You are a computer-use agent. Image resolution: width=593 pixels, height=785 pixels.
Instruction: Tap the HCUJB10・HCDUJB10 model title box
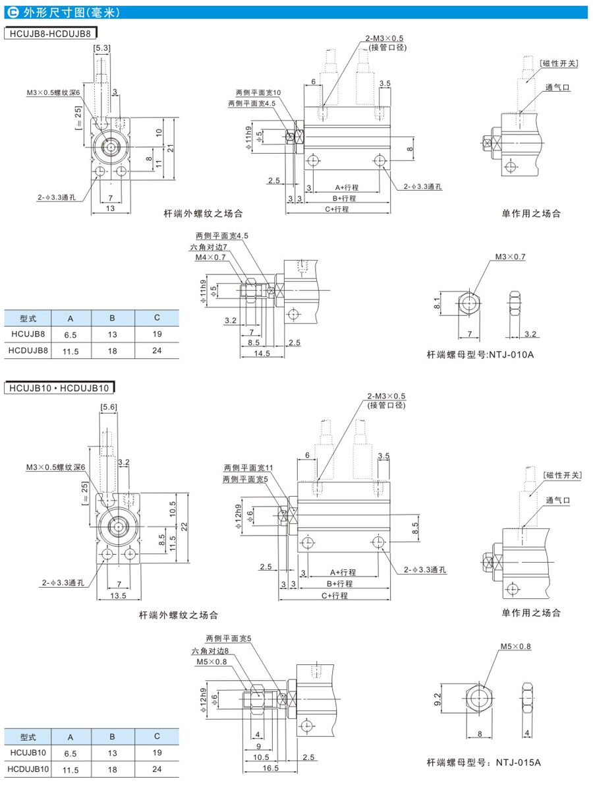(59, 388)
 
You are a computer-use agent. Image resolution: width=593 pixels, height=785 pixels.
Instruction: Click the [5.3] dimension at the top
(101, 48)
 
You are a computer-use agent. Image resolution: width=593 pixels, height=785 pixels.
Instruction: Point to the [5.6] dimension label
(109, 407)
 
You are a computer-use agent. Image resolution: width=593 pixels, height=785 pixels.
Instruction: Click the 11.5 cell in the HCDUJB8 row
(71, 352)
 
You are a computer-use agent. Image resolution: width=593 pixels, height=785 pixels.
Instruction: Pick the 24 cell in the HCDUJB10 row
(157, 769)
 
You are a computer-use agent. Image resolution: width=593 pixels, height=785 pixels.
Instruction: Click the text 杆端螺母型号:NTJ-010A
(480, 355)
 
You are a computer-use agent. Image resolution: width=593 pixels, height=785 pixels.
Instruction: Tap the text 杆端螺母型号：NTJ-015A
(484, 763)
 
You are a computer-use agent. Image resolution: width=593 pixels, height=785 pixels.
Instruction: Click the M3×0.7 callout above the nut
(511, 257)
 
